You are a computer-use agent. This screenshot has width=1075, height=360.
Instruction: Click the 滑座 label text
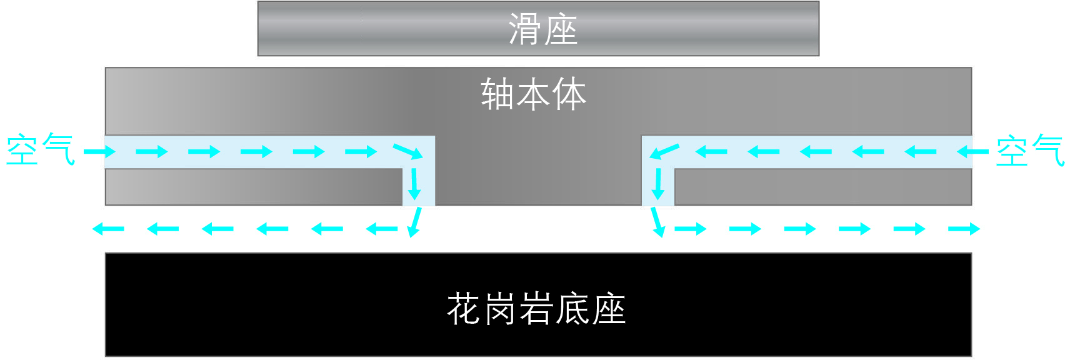542,29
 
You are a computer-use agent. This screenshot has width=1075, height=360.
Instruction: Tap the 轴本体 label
533,94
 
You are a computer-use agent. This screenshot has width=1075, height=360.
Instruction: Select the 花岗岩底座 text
536,308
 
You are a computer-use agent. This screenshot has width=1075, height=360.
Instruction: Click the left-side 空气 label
41,150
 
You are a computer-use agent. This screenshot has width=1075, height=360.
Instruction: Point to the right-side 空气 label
1030,151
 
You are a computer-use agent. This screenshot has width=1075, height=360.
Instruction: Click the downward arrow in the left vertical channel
414,184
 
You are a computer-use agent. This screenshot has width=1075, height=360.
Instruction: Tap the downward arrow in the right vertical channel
657,184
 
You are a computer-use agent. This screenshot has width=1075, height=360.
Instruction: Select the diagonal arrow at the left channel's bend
408,151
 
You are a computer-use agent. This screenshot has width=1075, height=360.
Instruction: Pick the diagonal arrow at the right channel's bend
664,151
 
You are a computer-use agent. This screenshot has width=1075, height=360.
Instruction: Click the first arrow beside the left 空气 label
100,151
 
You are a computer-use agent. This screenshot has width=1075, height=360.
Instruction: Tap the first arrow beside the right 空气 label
972,151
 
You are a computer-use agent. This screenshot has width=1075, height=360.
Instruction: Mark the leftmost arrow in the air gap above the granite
108,229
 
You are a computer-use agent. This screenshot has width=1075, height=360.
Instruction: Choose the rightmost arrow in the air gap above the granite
964,229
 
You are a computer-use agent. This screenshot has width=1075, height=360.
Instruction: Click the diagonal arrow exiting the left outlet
415,222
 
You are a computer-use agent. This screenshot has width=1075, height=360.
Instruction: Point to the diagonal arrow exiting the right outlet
657,222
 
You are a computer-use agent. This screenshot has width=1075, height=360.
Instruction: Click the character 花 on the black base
464,308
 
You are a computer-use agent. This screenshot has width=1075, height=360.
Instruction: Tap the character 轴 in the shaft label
498,94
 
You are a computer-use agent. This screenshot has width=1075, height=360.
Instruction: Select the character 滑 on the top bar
525,29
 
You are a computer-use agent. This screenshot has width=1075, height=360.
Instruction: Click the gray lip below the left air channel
254,187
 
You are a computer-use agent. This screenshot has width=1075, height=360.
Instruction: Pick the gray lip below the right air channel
823,187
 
